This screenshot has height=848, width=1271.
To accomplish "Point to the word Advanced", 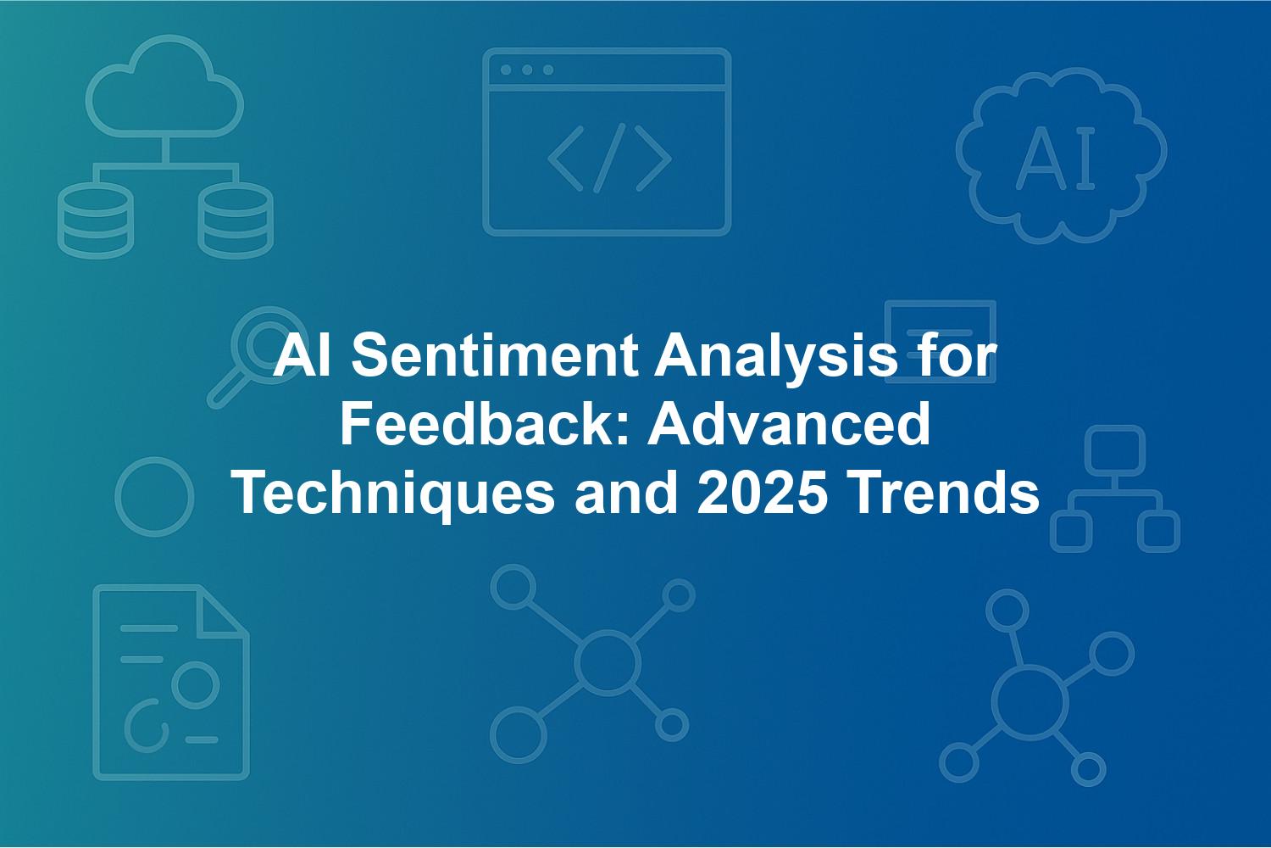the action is tap(789, 424).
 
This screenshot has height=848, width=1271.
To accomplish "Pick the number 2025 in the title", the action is tap(760, 493).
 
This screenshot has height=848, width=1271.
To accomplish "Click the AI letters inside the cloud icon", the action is tap(1056, 158).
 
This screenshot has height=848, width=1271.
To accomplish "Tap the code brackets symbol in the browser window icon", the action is tap(609, 158).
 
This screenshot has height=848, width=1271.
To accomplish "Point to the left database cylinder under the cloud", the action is tap(95, 221).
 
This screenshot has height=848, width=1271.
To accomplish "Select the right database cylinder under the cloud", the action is tap(236, 221).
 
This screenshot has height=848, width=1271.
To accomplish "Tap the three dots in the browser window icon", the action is tap(527, 70).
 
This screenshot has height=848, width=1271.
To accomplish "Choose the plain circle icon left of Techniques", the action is tap(154, 497).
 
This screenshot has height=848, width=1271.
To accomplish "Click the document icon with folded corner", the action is tap(171, 682).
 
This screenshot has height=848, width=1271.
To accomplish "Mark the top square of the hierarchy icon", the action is tap(1115, 450).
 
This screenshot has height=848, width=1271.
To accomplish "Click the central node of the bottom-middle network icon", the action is tap(608, 662).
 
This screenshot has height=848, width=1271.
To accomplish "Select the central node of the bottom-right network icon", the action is tap(1030, 702).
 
